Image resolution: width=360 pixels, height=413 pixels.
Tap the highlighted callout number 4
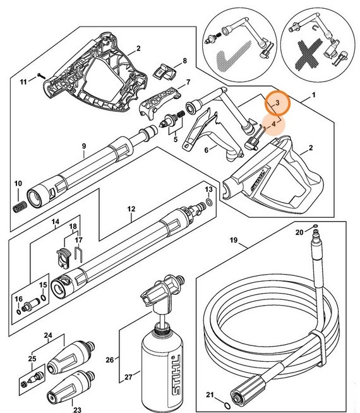tap(273, 125)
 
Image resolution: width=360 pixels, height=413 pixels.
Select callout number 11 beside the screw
tap(23, 82)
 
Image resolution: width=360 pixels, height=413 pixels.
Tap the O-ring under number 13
tap(209, 203)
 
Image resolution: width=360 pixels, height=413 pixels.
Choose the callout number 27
tap(129, 378)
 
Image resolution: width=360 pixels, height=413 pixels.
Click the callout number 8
tap(184, 61)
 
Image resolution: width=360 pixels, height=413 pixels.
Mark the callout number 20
tap(299, 232)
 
